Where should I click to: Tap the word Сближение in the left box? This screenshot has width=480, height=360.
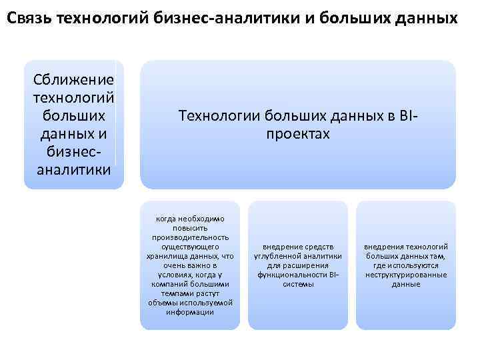[73, 81]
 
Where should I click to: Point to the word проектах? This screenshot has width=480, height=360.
[298, 134]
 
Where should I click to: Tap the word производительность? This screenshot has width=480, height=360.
[190, 237]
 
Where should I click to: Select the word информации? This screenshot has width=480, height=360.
[190, 312]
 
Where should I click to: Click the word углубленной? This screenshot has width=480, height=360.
[276, 256]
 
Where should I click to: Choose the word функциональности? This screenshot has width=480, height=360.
[292, 275]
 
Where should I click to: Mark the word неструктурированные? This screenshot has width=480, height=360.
[406, 275]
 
